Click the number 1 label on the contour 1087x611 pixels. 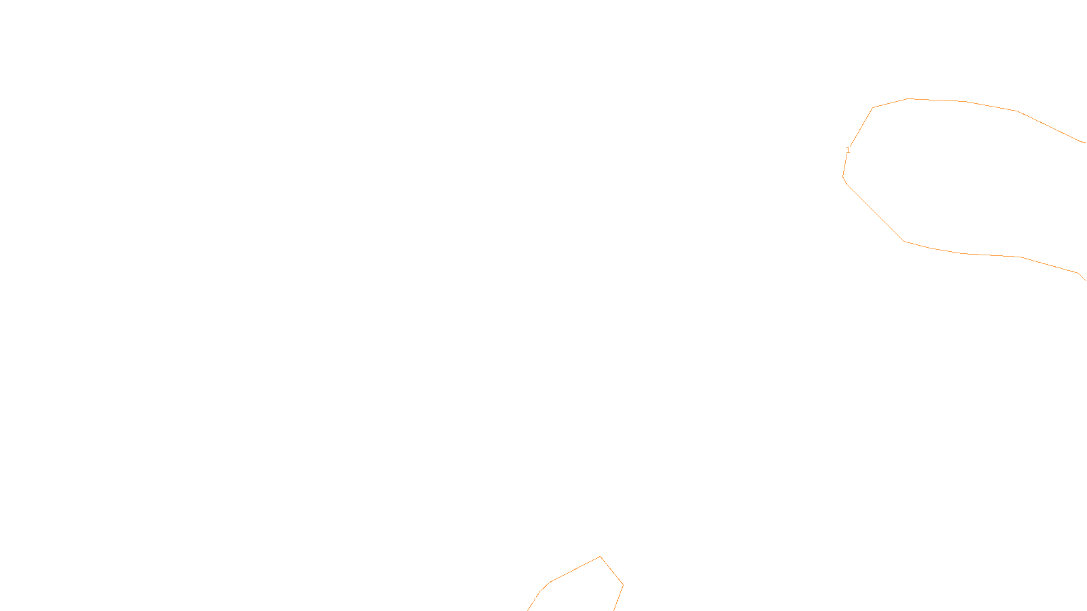coord(848,150)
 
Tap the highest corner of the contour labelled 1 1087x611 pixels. coord(908,98)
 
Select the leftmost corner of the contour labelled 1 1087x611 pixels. coord(843,177)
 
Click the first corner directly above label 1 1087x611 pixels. coord(872,108)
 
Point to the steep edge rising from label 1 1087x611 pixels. coord(861,127)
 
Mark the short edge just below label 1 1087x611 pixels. coord(845,166)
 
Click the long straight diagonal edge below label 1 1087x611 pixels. coord(876,213)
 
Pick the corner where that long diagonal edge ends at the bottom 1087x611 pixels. coord(904,242)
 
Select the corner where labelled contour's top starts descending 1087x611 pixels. coord(1017,111)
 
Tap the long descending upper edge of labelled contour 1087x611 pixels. coord(1049,126)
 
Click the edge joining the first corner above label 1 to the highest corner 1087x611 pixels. coord(890,103)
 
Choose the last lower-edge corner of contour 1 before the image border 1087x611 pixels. coord(1078,273)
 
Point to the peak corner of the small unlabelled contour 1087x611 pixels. coord(601,556)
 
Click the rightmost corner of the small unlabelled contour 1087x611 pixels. coord(623,585)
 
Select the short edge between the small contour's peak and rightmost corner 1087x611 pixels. coord(611,570)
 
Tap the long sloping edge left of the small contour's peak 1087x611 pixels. coord(575,568)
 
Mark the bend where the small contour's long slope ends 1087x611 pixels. coord(551,581)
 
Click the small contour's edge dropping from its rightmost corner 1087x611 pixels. coord(618,598)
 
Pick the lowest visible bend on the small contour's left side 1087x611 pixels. coord(539,591)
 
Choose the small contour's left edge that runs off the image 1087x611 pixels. coord(534,601)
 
